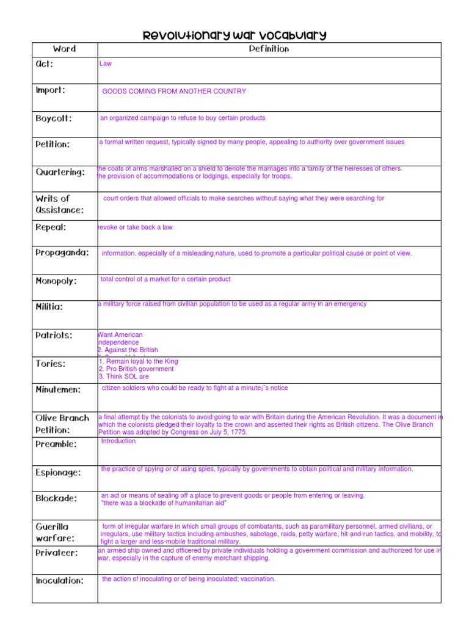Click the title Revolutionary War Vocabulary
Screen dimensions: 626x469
tap(234, 35)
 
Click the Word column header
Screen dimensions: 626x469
tap(64, 49)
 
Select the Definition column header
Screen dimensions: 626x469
tap(269, 49)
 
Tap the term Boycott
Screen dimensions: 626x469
tap(54, 119)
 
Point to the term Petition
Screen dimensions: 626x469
tap(53, 145)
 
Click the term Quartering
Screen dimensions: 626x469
tap(60, 172)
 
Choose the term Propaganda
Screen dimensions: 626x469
tap(62, 252)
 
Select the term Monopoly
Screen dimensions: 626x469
tap(56, 281)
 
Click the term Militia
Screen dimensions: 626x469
tap(49, 307)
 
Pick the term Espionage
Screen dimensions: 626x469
tap(58, 473)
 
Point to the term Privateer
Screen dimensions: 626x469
tap(57, 553)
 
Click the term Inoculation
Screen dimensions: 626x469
tap(60, 580)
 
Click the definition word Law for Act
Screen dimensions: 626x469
tap(106, 63)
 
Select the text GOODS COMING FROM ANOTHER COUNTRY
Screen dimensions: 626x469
tap(174, 91)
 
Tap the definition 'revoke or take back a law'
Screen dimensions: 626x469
tap(135, 227)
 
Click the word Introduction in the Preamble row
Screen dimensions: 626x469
tap(118, 441)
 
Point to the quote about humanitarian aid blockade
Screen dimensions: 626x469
tap(164, 503)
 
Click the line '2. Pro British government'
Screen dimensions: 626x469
tap(136, 369)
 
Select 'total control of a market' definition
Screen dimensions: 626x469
tap(165, 279)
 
